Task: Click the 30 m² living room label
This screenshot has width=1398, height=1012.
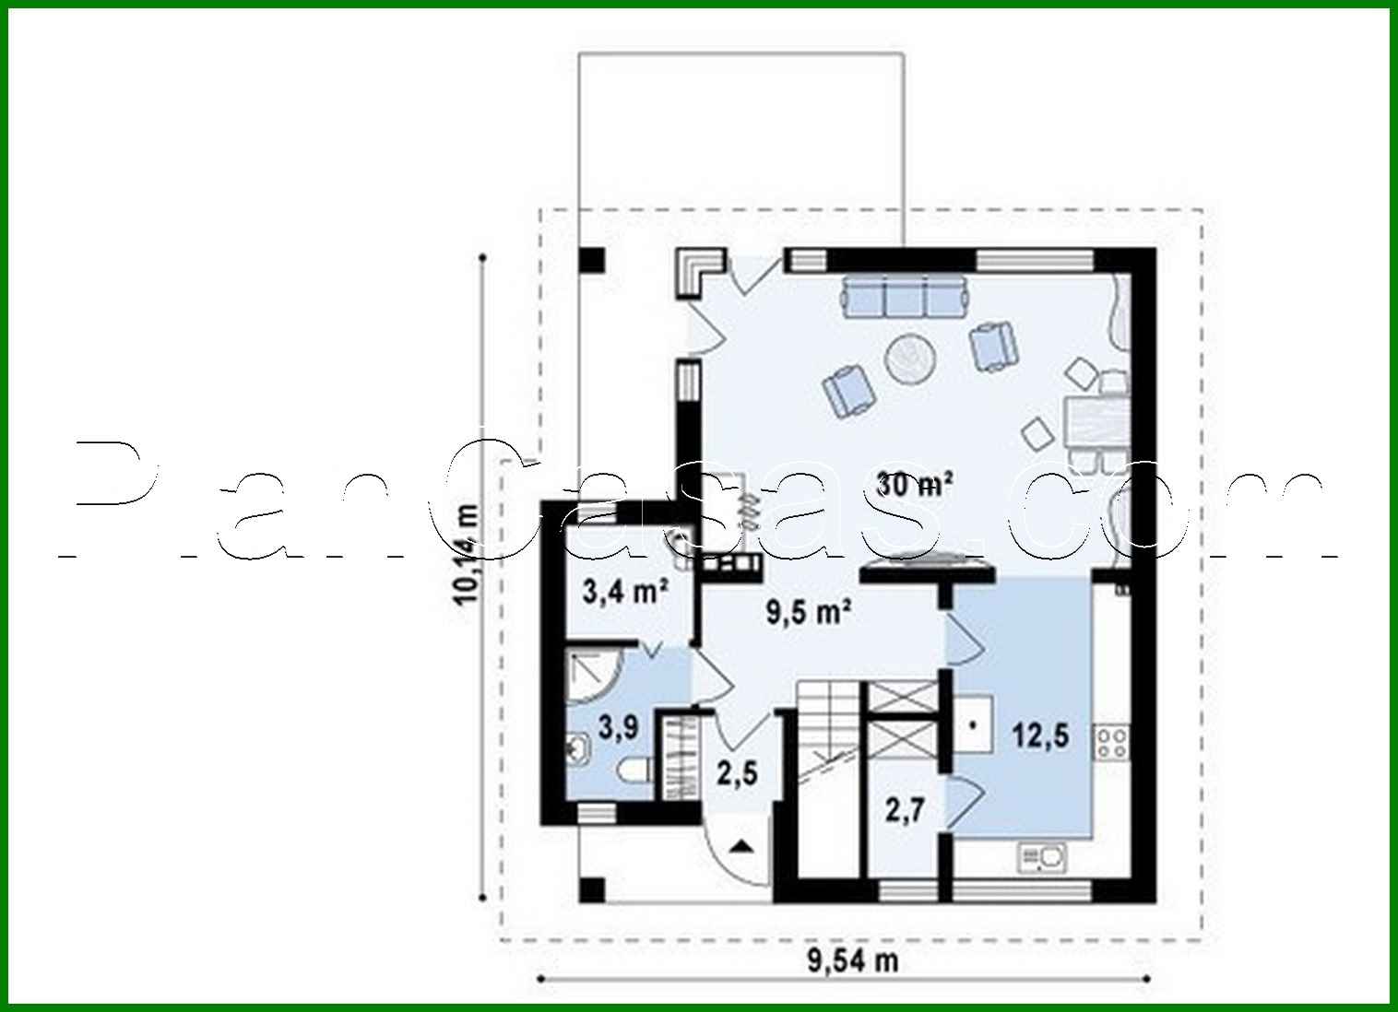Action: click(914, 483)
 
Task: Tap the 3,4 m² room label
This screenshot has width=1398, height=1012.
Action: click(624, 590)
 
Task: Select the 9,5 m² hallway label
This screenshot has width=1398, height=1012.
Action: click(808, 611)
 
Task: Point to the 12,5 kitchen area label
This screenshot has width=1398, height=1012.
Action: click(1040, 735)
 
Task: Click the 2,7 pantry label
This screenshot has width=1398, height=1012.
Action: click(904, 811)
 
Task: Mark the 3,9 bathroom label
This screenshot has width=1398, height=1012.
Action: click(618, 727)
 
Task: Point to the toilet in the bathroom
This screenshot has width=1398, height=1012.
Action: click(634, 771)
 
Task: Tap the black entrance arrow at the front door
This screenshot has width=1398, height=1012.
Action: click(742, 846)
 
